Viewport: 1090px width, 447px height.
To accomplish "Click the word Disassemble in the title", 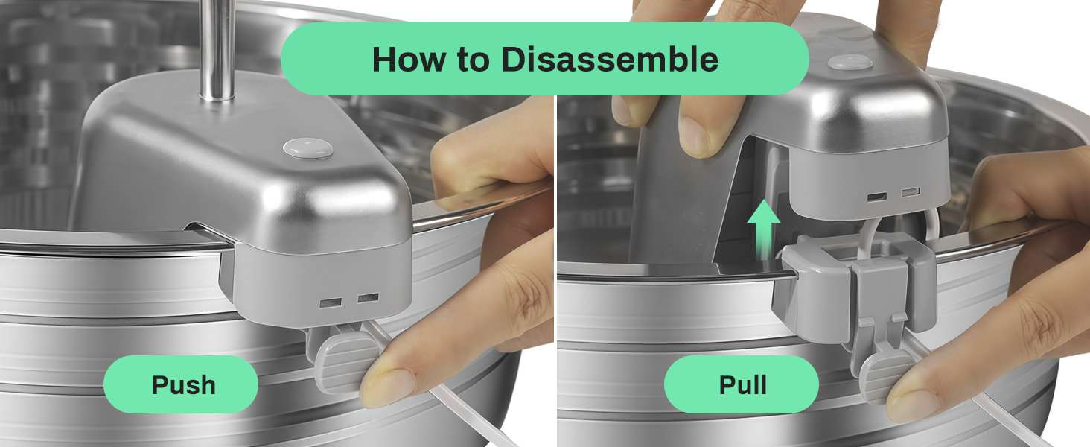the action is point(610,59).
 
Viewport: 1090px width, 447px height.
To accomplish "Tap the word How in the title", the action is point(408,60).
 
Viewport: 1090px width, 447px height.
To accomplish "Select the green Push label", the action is point(180,384).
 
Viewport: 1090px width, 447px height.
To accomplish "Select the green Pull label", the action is point(741,384).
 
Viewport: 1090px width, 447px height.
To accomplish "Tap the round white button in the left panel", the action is point(307,148).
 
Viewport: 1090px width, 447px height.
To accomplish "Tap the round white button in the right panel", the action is point(850,62).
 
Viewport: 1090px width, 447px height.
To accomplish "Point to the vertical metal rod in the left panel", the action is point(217,48).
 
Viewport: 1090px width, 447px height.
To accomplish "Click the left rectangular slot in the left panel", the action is point(331,303).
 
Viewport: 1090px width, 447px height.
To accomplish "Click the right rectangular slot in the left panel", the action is point(368,297).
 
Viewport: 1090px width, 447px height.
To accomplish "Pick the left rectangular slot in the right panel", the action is point(876,197).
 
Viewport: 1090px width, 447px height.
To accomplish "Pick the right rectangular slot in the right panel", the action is point(910,192).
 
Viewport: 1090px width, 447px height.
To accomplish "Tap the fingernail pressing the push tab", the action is point(387,387).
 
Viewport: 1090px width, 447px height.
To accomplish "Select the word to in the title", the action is point(473,60).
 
